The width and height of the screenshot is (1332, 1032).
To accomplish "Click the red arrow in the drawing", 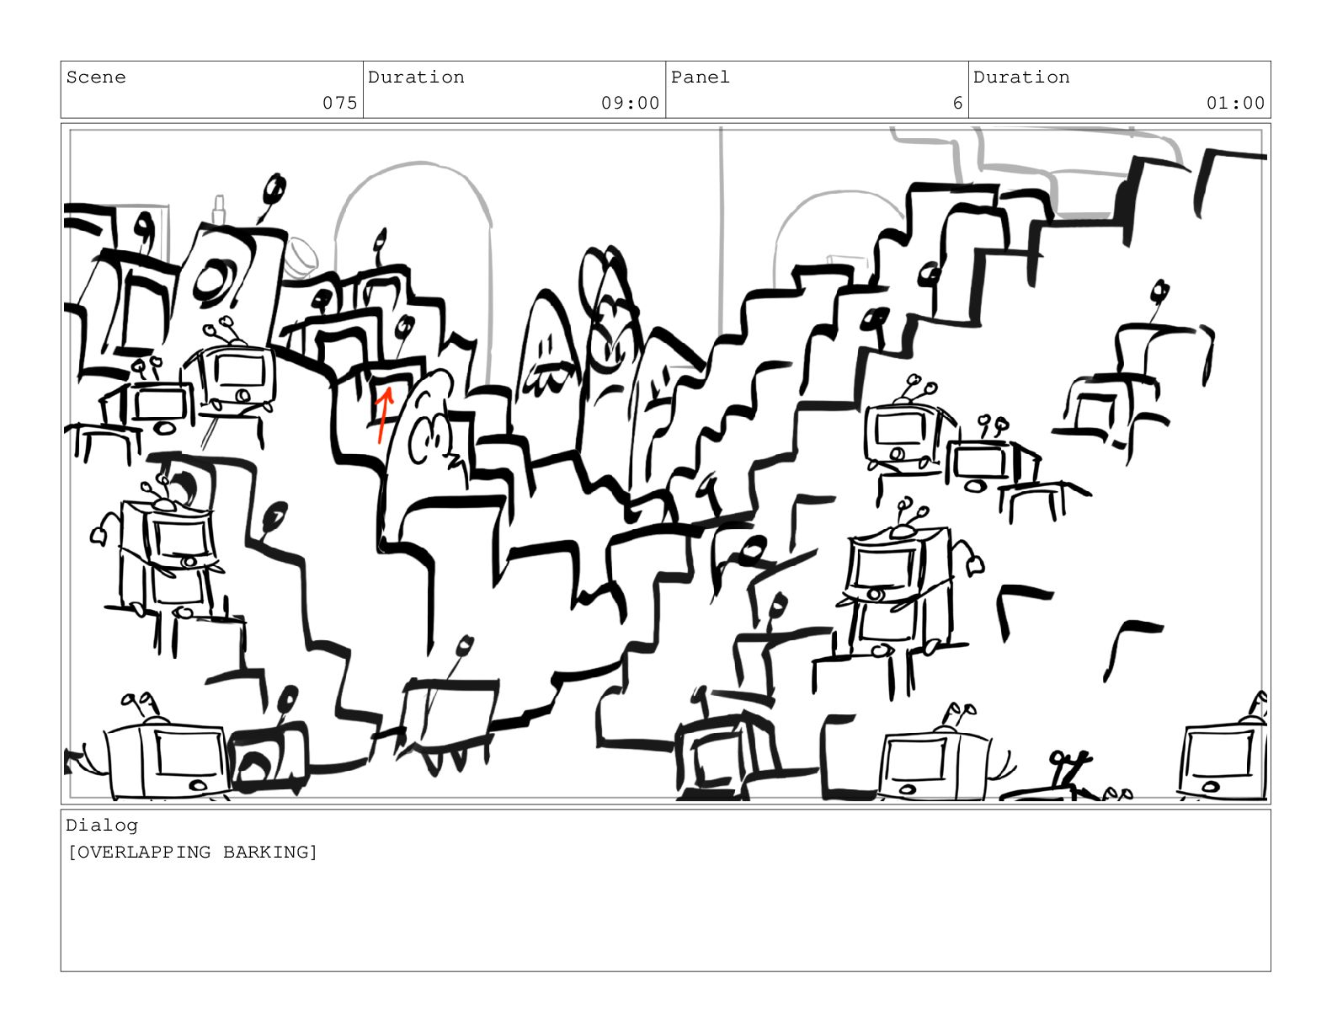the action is (x=383, y=414).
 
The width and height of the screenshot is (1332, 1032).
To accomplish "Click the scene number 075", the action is (x=339, y=103).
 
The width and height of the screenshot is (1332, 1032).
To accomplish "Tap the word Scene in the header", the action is (x=96, y=78).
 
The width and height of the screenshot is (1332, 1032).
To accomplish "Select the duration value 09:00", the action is (x=630, y=103).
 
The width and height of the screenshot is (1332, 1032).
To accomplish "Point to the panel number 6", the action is (x=956, y=103).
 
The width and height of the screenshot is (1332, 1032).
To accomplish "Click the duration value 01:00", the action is (x=1235, y=103).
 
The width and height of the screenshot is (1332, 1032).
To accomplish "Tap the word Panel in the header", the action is (x=700, y=78).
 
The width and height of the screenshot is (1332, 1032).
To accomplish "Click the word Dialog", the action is (x=102, y=826).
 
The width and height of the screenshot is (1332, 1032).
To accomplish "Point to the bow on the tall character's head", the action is (x=604, y=277).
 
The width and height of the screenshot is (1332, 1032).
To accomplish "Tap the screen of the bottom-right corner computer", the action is (x=1220, y=754).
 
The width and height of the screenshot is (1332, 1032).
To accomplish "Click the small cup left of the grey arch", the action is (x=301, y=258).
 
